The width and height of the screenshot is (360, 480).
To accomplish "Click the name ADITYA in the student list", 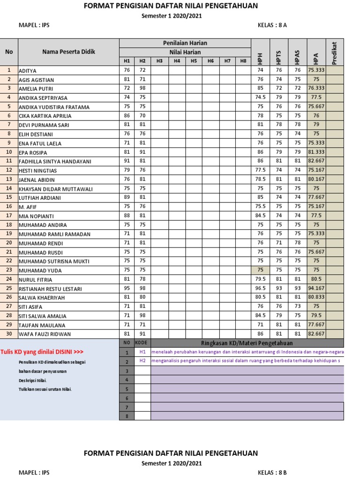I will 27,70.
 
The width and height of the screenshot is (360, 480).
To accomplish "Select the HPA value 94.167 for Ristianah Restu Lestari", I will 316,288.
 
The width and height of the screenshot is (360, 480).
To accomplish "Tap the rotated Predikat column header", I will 334,52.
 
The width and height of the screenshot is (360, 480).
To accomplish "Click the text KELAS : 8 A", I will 272,25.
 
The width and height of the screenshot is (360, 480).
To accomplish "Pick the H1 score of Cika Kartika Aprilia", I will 127,116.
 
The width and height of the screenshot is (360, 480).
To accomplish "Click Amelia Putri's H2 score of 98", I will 142,89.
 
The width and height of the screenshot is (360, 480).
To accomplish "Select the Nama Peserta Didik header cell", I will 68,52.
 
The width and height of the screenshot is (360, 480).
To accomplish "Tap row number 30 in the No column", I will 9,334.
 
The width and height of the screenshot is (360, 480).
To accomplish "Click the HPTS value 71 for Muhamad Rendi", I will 279,243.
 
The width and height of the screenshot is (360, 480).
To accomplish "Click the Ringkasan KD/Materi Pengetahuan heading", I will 247,343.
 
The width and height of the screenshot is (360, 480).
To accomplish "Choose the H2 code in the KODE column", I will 142,361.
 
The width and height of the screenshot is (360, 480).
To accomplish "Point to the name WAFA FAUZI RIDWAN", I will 45,334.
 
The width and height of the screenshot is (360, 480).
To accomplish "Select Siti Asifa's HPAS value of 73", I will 297,307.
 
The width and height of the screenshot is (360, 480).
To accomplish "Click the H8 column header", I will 243,61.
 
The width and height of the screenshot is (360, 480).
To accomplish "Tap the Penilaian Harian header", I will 185,43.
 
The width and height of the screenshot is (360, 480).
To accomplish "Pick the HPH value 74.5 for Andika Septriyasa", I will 261,97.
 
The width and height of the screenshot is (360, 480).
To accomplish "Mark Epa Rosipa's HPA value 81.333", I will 316,152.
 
